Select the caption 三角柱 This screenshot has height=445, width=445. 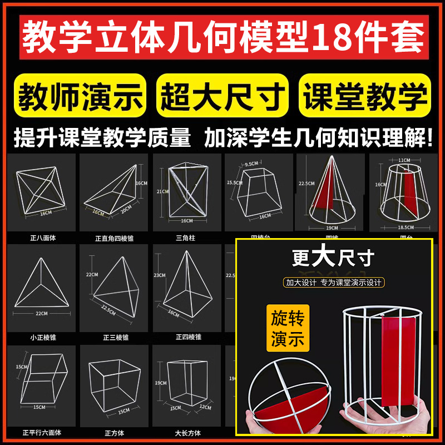point(187,238)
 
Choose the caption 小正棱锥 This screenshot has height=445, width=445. point(43,337)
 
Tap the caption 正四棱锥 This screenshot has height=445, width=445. point(187,337)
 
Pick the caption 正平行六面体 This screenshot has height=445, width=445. point(43,433)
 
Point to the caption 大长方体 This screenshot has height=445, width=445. point(187,433)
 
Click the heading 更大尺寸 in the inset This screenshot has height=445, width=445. point(334,259)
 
